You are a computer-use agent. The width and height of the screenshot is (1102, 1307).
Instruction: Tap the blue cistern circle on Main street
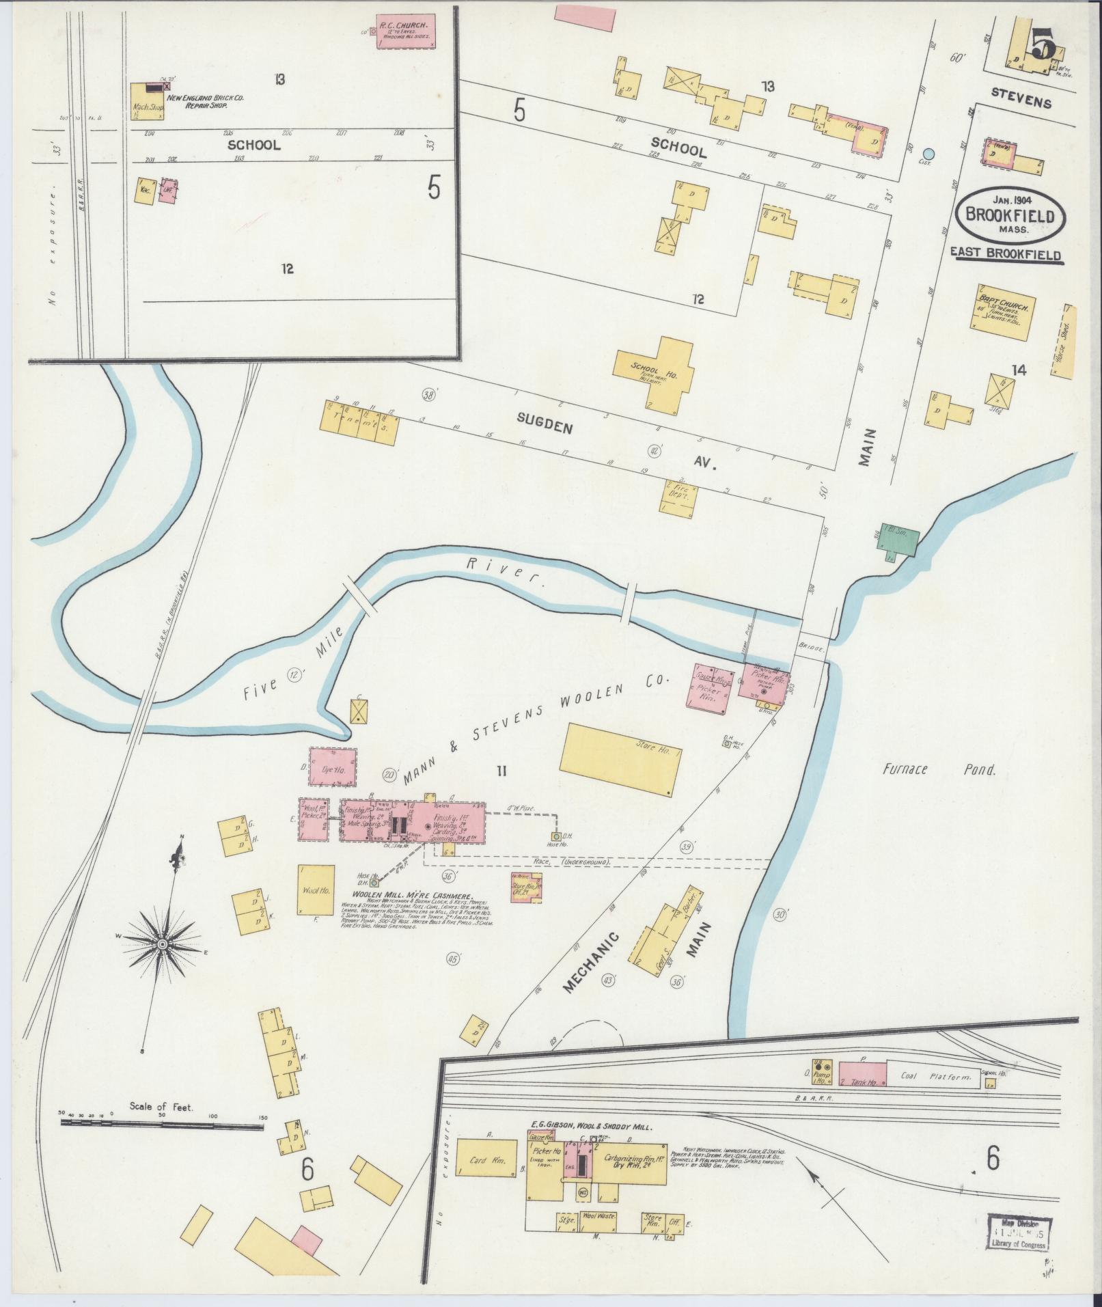point(927,154)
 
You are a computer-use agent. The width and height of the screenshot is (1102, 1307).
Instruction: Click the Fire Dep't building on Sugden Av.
point(678,494)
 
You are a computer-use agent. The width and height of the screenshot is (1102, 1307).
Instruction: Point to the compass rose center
point(163,945)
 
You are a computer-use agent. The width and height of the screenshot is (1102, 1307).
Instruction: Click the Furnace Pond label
point(938,770)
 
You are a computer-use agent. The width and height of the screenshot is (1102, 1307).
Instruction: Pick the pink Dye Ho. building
point(333,769)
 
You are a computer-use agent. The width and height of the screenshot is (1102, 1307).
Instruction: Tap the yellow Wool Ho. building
point(316,889)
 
